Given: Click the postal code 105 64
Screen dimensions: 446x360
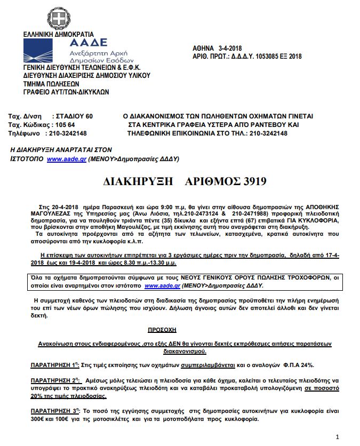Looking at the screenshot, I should [x=66, y=124].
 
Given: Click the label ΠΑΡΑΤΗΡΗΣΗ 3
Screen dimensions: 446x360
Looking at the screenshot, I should [x=51, y=411].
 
